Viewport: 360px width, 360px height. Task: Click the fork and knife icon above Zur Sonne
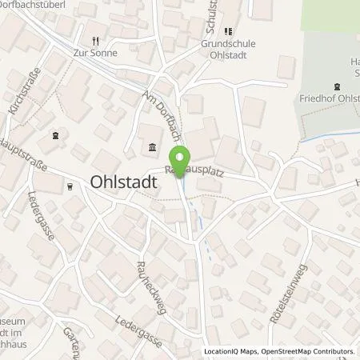95,40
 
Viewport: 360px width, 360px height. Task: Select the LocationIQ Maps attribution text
232,351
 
